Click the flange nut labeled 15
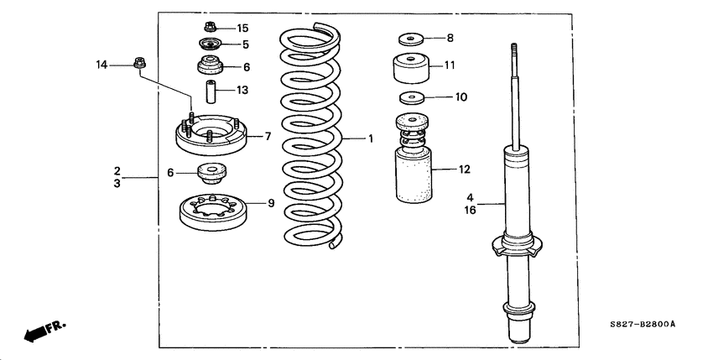pyautogui.click(x=211, y=28)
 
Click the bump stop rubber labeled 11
pyautogui.click(x=411, y=67)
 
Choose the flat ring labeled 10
pyautogui.click(x=410, y=97)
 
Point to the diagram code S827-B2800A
pyautogui.click(x=643, y=324)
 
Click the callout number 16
pyautogui.click(x=471, y=211)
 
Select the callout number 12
pyautogui.click(x=465, y=170)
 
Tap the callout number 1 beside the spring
pyautogui.click(x=368, y=138)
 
